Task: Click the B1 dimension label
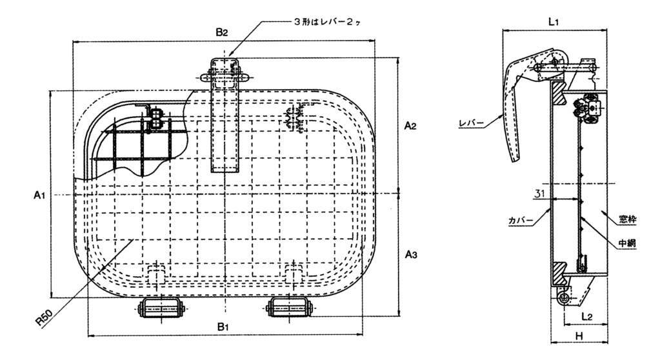click(x=223, y=328)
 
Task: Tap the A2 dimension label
click(x=410, y=126)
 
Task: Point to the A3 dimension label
click(x=410, y=255)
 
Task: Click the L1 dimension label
click(x=553, y=21)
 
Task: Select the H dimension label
click(x=579, y=336)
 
